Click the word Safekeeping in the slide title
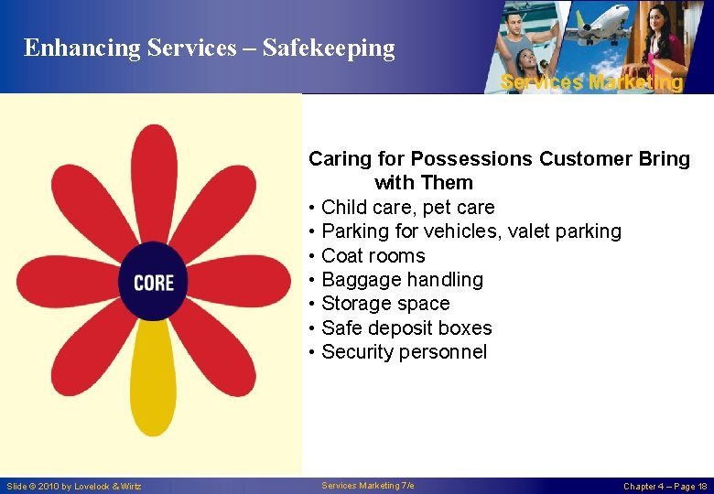[x=329, y=48]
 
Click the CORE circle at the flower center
[x=153, y=282]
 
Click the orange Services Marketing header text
[x=591, y=82]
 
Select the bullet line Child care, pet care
[x=407, y=208]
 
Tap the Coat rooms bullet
[x=373, y=256]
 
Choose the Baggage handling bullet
[x=402, y=280]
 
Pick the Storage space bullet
[x=385, y=304]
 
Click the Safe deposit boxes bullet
[x=406, y=328]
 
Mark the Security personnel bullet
[x=404, y=352]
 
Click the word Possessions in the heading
[x=471, y=159]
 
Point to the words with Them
[x=424, y=183]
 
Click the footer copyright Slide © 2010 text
[x=74, y=487]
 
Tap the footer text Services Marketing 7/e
[x=368, y=486]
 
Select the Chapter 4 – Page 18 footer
[x=665, y=487]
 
